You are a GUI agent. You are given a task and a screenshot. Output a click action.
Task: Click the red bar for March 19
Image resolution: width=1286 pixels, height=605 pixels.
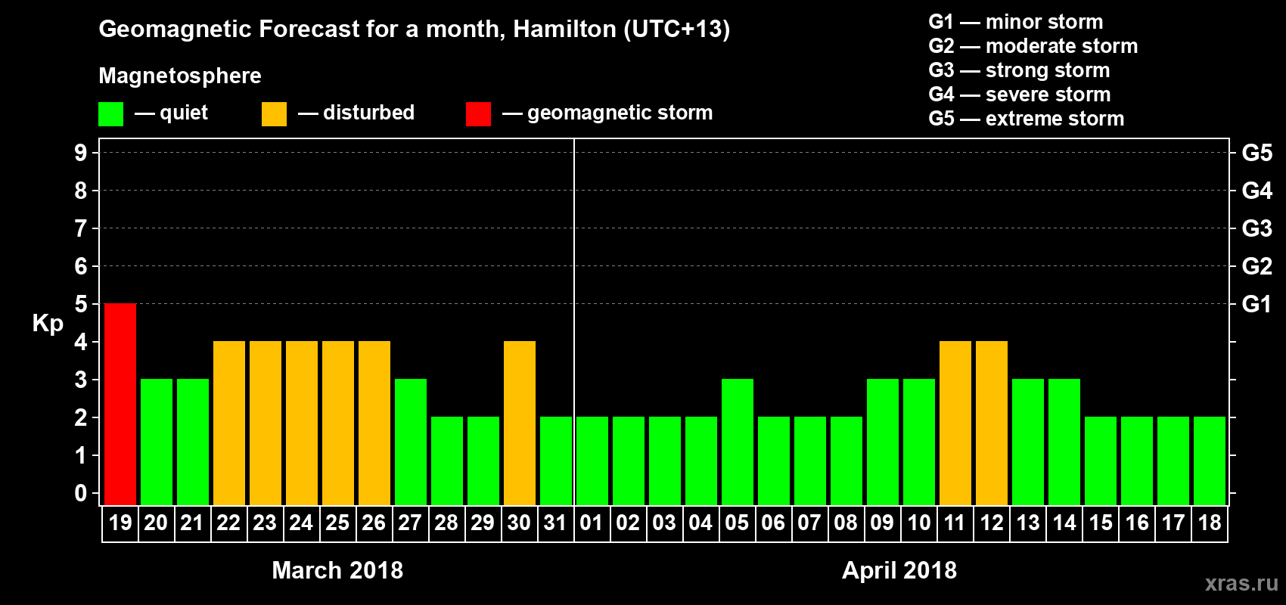click(120, 404)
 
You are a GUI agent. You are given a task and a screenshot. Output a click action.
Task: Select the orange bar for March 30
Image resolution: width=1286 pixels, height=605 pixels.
click(520, 423)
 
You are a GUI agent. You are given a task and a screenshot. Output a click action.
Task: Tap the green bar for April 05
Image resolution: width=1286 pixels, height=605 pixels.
click(738, 442)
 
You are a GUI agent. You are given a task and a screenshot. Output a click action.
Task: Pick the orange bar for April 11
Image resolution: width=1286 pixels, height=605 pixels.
click(955, 423)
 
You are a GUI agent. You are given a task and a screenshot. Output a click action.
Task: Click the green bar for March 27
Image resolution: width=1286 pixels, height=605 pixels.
click(411, 442)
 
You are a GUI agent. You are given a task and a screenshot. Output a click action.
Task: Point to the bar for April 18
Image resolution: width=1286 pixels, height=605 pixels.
click(1210, 461)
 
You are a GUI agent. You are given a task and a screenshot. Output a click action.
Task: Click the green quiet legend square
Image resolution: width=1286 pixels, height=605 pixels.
click(111, 114)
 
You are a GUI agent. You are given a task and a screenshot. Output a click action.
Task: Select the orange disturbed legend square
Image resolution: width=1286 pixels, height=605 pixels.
click(274, 114)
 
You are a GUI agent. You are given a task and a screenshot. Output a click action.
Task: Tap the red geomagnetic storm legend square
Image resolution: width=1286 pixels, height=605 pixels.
click(478, 114)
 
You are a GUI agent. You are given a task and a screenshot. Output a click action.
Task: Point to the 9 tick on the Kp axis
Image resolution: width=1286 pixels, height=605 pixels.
click(81, 153)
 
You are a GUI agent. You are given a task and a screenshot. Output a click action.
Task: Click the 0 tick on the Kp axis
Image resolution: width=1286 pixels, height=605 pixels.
click(81, 493)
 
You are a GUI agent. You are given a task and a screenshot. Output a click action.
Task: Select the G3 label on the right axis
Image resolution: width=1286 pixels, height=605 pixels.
click(1256, 228)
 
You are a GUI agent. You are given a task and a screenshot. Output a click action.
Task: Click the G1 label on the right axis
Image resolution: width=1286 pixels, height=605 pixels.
click(1256, 304)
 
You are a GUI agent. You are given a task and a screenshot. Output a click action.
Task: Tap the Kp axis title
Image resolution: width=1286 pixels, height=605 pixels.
click(48, 324)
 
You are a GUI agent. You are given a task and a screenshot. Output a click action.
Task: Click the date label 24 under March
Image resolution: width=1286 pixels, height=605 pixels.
click(301, 523)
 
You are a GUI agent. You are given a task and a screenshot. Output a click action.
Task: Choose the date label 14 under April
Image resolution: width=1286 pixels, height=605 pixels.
click(1064, 523)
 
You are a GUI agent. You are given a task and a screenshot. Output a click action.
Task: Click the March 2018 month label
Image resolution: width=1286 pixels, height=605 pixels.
click(337, 570)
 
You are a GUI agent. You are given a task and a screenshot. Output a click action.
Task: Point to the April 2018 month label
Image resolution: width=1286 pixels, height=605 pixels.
click(899, 570)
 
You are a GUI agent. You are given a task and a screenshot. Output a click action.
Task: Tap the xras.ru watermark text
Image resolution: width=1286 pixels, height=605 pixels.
click(1241, 583)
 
